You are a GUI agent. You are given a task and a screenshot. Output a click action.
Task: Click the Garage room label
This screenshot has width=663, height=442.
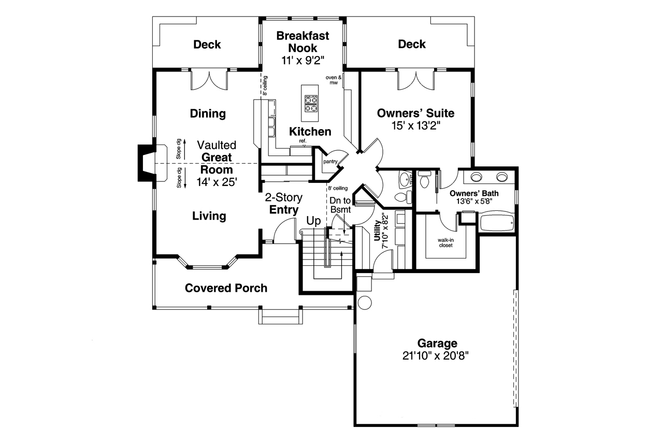click(438, 343)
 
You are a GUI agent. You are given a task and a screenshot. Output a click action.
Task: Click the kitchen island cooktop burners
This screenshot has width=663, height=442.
click(310, 103)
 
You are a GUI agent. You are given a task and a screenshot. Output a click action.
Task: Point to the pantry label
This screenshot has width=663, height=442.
click(330, 162)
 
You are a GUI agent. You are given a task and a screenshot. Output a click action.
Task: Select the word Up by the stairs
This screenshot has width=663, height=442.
click(314, 221)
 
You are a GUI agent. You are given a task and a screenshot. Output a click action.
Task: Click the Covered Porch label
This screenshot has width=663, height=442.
click(226, 288)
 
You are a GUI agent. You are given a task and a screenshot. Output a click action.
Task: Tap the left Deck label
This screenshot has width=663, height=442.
click(207, 45)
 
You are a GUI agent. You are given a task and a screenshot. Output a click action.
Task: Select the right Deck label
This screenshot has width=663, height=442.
click(412, 45)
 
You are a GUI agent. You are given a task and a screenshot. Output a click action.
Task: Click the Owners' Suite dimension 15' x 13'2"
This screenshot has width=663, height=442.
click(415, 125)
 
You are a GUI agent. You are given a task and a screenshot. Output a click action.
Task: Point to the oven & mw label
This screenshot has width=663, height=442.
click(334, 80)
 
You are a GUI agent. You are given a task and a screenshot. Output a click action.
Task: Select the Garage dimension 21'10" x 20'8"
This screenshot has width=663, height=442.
click(438, 356)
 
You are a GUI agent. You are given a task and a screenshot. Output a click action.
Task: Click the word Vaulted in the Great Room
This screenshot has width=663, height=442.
click(216, 145)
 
